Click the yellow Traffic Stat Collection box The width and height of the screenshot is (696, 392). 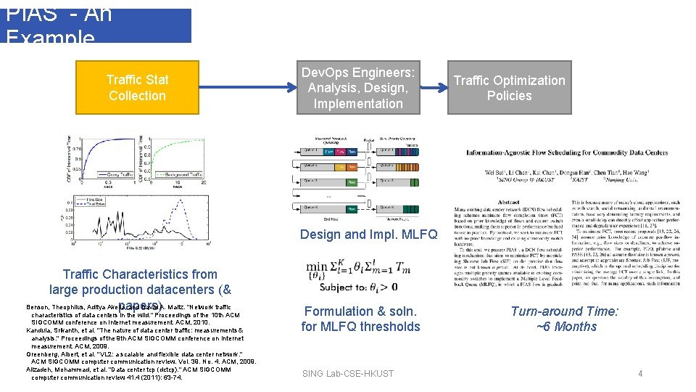[x=137, y=88]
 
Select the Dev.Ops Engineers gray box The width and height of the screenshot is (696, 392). [x=358, y=88]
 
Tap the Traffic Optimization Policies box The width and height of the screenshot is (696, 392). [x=509, y=88]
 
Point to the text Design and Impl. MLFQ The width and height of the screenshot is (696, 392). [x=368, y=234]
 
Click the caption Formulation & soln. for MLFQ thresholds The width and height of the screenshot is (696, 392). [x=361, y=319]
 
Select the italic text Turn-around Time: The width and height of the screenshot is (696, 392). [x=565, y=311]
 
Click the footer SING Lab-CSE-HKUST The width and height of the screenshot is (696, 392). [x=348, y=373]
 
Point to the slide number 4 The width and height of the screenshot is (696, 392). [x=640, y=373]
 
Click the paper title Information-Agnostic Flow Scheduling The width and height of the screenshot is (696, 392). [x=566, y=152]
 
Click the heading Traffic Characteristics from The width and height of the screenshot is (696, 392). [x=140, y=274]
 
